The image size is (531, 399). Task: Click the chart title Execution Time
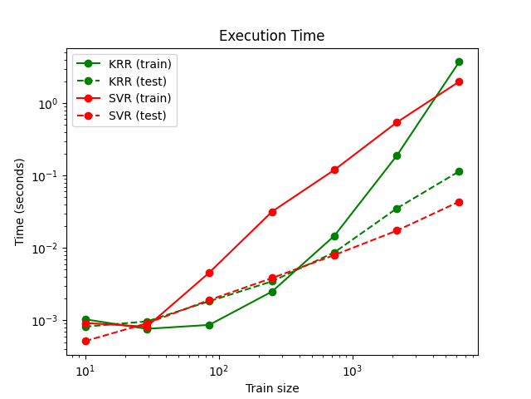(271, 36)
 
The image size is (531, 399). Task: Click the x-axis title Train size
(271, 388)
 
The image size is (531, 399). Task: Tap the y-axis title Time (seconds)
(20, 201)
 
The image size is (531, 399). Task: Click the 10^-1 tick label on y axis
(45, 176)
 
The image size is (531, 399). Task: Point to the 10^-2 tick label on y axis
(45, 249)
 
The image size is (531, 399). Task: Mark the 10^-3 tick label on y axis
(45, 321)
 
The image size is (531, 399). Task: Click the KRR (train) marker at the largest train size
(459, 62)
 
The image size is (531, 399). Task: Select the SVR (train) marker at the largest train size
(459, 81)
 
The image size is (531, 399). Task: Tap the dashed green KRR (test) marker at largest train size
(459, 171)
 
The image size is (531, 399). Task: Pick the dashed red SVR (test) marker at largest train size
(459, 202)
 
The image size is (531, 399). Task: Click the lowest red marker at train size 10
(85, 341)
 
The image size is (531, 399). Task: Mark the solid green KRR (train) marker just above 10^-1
(397, 155)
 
